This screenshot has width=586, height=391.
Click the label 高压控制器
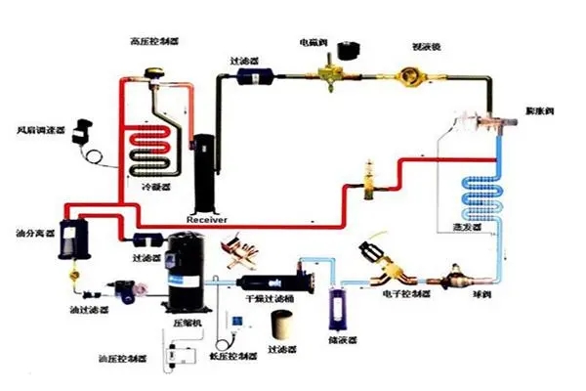[154, 41]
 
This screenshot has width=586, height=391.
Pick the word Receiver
[206, 220]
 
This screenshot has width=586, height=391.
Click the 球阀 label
[481, 290]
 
